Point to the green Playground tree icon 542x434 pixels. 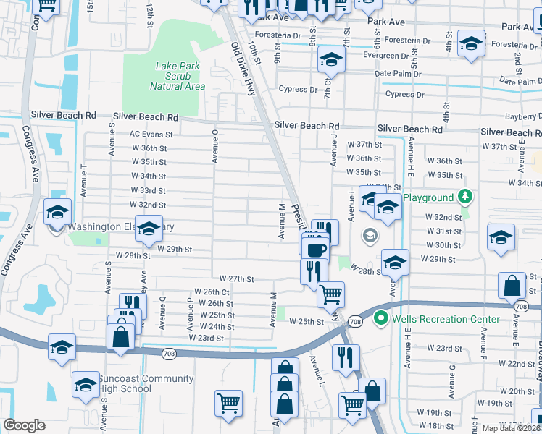point(464,197)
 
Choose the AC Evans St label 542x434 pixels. point(151,135)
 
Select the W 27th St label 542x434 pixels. point(237,278)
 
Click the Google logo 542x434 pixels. point(24,425)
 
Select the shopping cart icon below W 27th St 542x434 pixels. point(330,294)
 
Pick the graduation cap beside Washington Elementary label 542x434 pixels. point(149,229)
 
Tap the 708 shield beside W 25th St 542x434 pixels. point(354,321)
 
